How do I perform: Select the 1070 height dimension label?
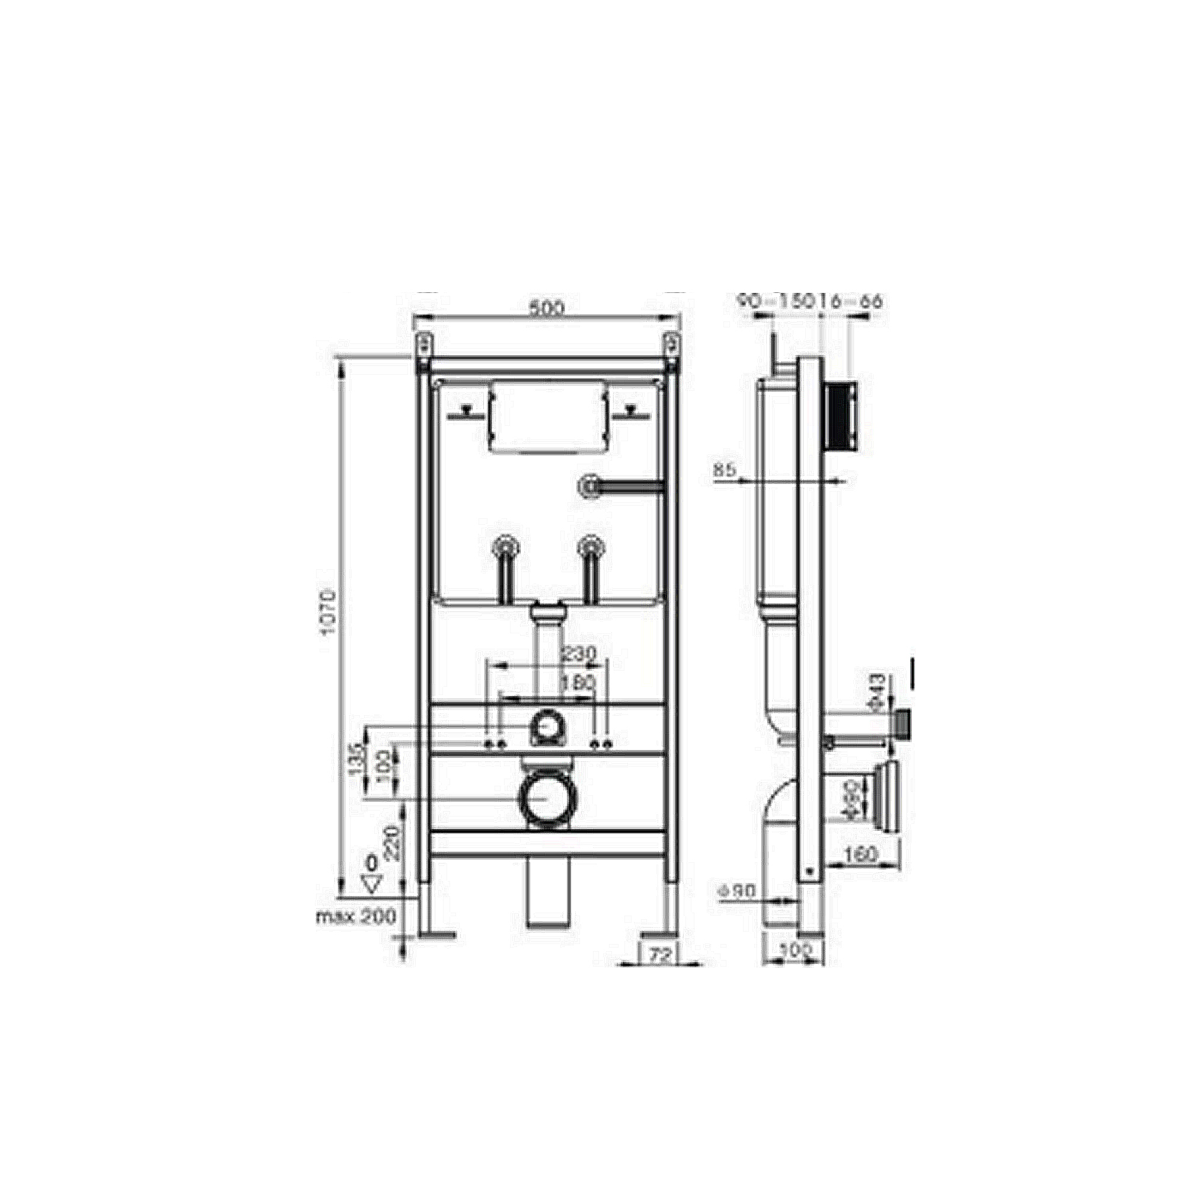point(329,614)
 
